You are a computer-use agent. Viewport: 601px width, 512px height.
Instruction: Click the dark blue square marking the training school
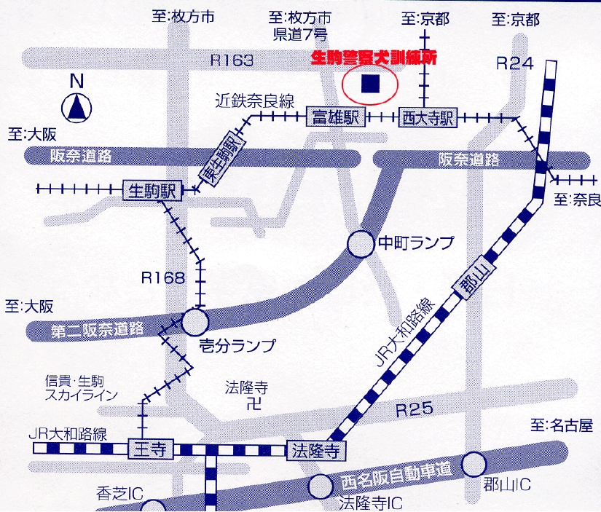(x=371, y=84)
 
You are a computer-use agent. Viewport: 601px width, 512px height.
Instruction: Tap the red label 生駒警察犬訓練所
(x=373, y=58)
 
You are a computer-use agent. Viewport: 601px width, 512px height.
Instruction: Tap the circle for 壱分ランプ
(x=195, y=321)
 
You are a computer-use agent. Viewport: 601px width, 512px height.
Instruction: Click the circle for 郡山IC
(x=474, y=462)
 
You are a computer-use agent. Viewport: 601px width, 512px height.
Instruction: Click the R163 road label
(x=232, y=60)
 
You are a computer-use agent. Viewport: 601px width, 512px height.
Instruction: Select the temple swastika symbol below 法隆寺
(x=250, y=401)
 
